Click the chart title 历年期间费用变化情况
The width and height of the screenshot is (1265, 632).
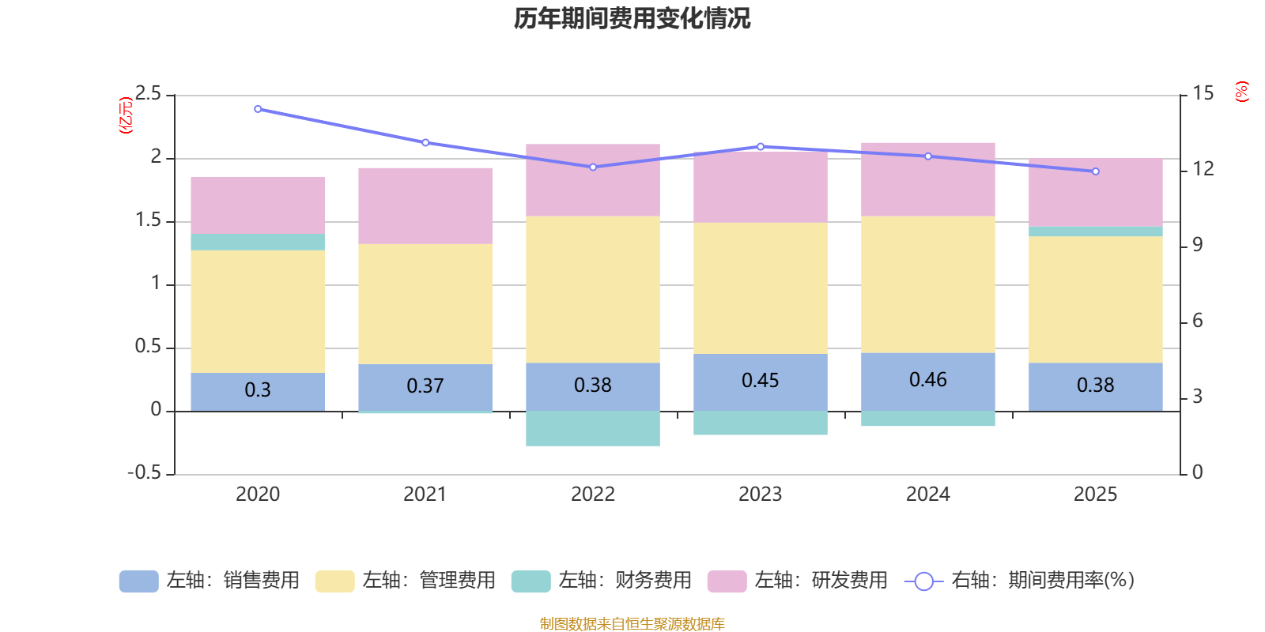coord(632,18)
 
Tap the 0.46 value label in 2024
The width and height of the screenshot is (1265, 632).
coord(927,380)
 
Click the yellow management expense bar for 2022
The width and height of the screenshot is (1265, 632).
coord(593,289)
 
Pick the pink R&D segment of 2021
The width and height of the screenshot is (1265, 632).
coord(425,205)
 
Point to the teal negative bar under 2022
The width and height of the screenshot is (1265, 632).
coord(593,428)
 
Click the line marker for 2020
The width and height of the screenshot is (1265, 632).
coord(258,109)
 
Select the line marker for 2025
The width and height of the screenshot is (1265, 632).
coord(1095,171)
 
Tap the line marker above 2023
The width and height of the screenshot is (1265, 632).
coord(761,146)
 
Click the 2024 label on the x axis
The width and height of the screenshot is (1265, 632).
coord(927,495)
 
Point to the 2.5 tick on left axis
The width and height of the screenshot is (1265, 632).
coord(148,94)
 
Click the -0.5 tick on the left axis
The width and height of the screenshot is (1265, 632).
coord(144,473)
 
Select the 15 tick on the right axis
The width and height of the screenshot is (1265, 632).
coord(1203,94)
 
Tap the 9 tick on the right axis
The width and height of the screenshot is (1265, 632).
coord(1198,245)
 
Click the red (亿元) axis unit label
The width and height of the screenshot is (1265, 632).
coord(125,115)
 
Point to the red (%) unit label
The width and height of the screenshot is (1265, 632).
coord(1242,91)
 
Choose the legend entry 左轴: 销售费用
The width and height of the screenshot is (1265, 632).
coord(210,581)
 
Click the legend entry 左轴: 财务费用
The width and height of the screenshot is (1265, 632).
coord(602,581)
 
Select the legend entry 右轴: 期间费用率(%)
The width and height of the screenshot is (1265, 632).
coord(1020,581)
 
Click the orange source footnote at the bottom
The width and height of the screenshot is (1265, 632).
coord(632,624)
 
